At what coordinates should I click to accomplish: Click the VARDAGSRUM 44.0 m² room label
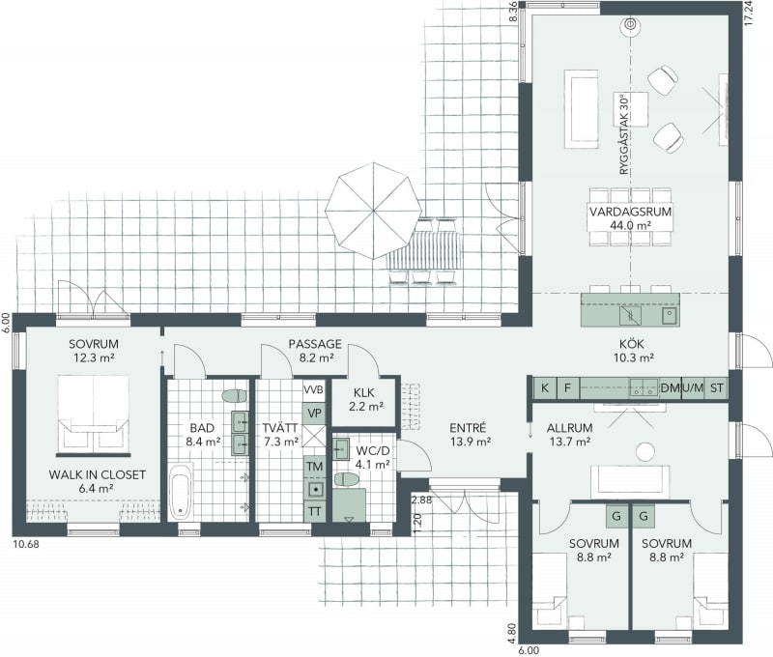pos(631,217)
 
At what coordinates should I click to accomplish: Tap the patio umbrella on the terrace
pos(373,211)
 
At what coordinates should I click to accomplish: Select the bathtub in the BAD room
pos(180,492)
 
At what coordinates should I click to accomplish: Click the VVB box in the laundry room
pos(313,390)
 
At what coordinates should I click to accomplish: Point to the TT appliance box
pos(315,512)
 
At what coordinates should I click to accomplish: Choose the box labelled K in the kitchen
pos(545,387)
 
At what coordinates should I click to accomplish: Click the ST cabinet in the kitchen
pos(716,387)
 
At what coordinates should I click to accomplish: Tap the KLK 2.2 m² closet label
pos(364,400)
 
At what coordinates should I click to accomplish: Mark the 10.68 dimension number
pos(26,545)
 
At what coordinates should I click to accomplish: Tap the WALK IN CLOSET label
pos(98,475)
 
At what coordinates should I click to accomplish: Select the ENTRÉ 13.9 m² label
pos(470,435)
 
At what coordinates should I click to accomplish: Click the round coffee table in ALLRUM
pos(644,451)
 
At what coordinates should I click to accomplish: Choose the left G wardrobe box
pos(616,517)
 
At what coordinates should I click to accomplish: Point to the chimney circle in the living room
pos(630,24)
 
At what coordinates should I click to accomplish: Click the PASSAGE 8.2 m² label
pos(315,351)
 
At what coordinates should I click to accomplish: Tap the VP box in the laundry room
pos(314,413)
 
